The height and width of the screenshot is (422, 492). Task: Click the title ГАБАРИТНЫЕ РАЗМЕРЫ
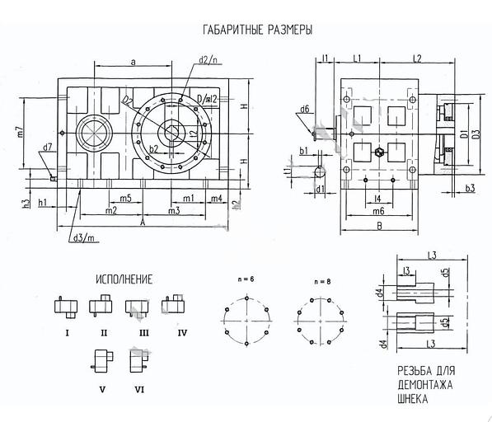[257, 30]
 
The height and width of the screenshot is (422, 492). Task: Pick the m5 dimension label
[125, 199]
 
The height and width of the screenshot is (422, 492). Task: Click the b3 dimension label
[469, 190]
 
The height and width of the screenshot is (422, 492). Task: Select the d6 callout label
[304, 110]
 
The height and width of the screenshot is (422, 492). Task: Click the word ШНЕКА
[415, 397]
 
